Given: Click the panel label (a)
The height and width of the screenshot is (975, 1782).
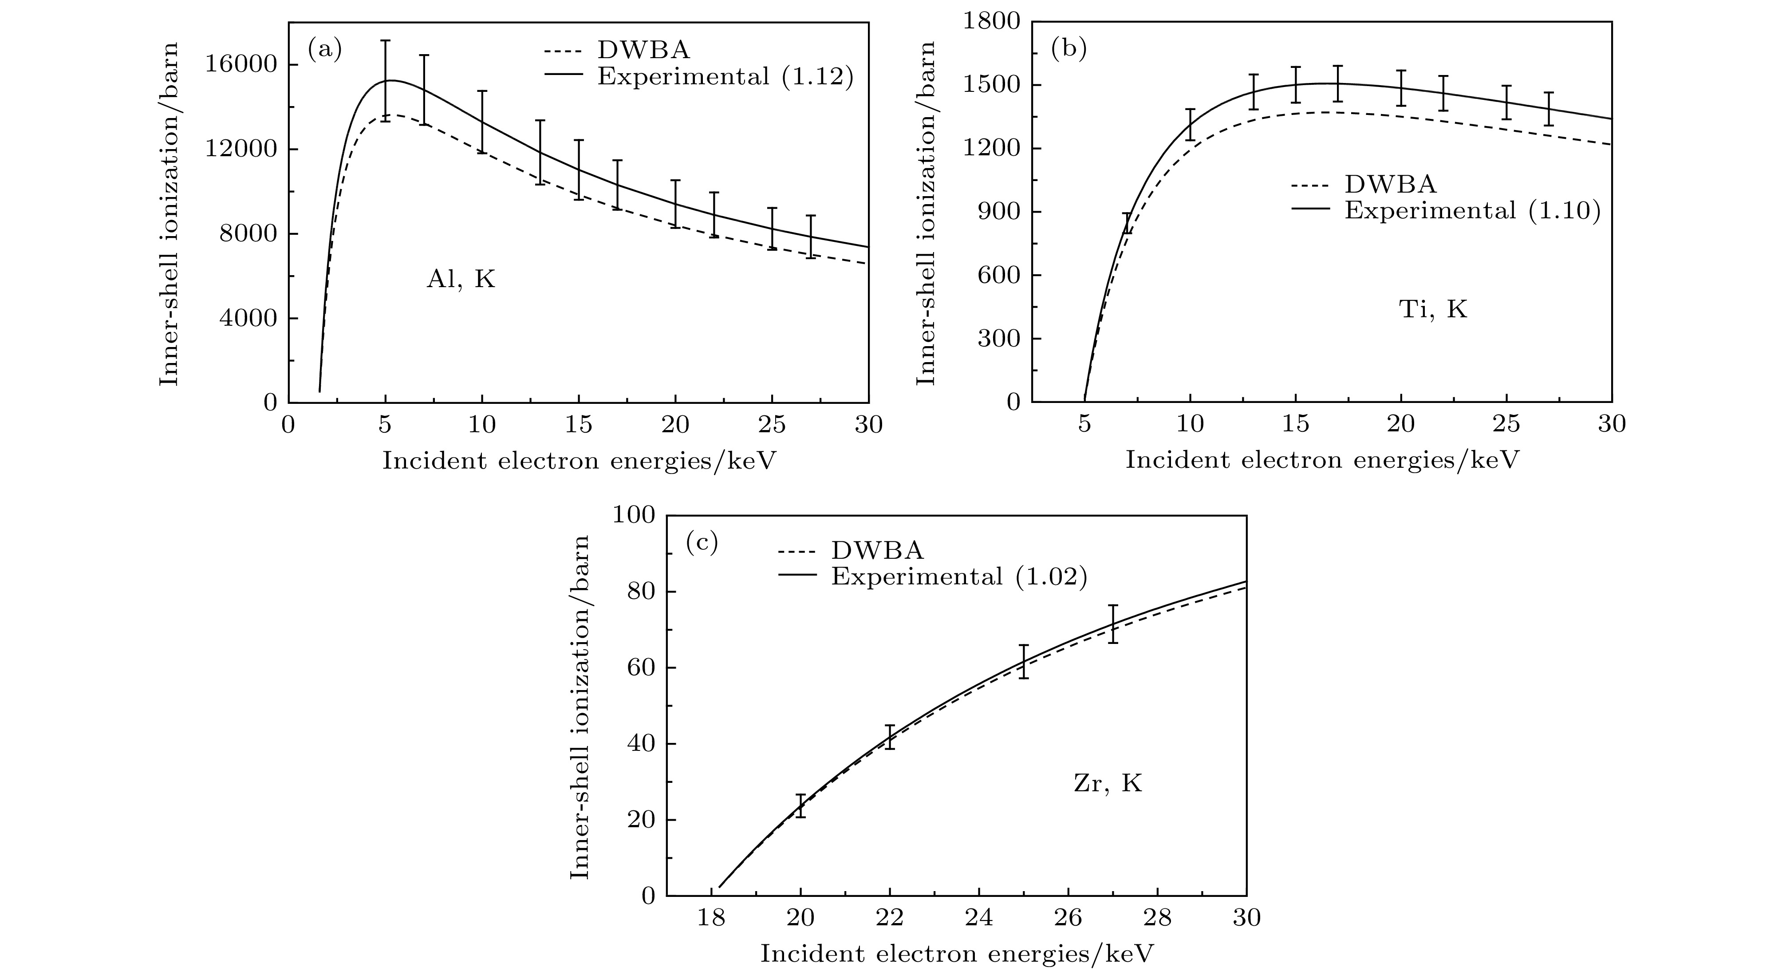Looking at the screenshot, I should click(324, 51).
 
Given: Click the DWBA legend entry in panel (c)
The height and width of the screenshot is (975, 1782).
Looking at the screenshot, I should click(877, 550).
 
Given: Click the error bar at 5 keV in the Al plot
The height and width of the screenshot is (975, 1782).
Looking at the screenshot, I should click(385, 80).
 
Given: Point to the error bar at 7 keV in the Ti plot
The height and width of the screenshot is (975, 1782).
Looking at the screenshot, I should click(1127, 223).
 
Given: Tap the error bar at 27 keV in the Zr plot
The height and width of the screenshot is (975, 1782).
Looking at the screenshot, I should click(1113, 624).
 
